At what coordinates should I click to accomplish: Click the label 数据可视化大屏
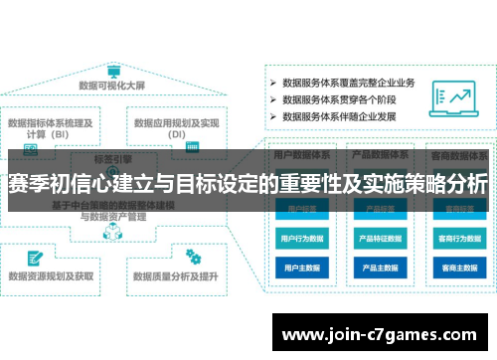(x=113, y=87)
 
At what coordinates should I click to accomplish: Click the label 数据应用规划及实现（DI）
(x=177, y=128)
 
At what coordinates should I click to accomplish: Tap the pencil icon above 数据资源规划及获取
(x=30, y=256)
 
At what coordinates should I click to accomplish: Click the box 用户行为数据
(x=299, y=239)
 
